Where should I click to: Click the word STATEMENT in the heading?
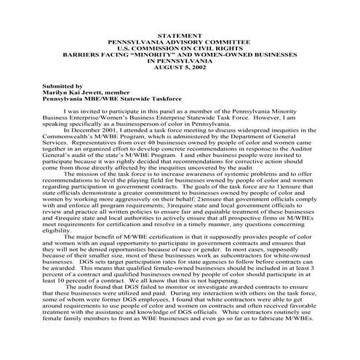pos(180,34)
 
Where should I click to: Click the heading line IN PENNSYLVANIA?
pos(180,60)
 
